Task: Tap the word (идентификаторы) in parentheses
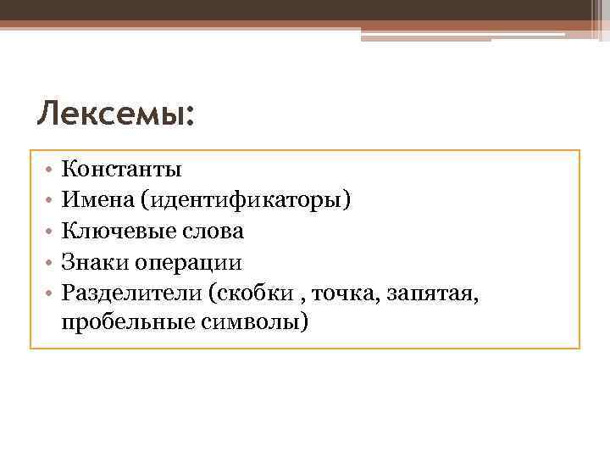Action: click(x=247, y=200)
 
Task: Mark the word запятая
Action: click(x=433, y=293)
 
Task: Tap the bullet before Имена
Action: click(x=50, y=200)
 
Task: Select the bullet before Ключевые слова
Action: click(x=50, y=231)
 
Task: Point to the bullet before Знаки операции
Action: click(x=50, y=262)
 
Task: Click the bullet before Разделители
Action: click(x=50, y=293)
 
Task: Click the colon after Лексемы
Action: click(x=188, y=117)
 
